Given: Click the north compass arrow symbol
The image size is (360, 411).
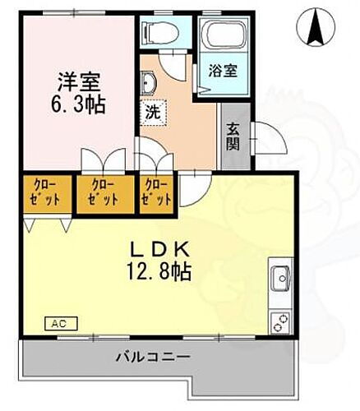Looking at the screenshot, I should [315, 27].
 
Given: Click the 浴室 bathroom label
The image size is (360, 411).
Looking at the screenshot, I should [223, 72].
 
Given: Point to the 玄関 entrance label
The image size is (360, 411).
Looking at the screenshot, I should [234, 136].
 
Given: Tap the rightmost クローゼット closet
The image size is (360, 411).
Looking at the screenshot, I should [156, 192].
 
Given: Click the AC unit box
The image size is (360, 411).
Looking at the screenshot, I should [59, 323].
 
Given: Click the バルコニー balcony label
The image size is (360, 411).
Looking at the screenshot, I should [153, 358].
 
